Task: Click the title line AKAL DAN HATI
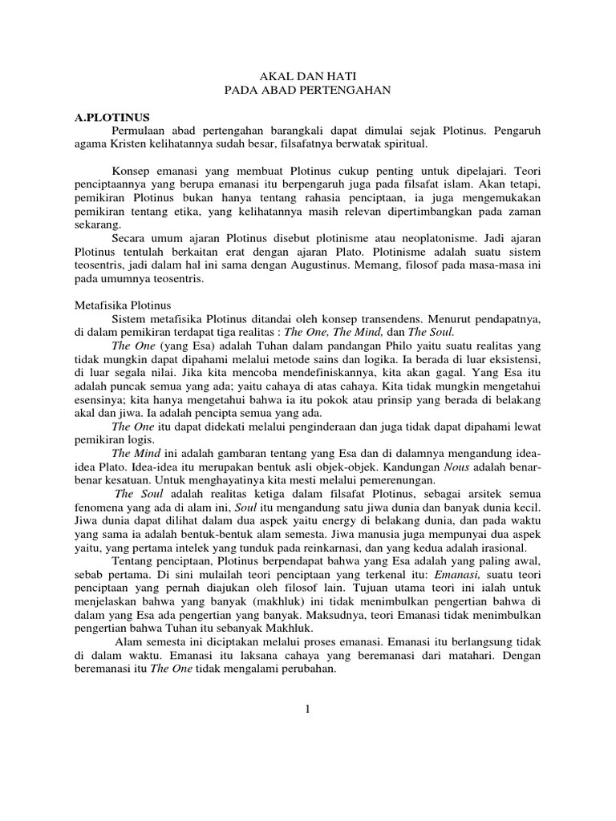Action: [x=307, y=77]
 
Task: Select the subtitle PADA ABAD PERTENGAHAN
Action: [x=307, y=91]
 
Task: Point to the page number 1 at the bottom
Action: [x=307, y=708]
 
